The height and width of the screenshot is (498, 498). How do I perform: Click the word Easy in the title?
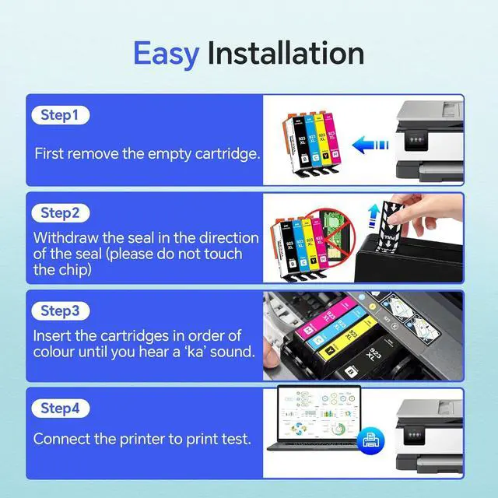pos(165,53)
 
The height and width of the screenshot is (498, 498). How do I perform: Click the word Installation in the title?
pos(286,53)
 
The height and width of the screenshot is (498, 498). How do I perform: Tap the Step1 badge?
pos(61,115)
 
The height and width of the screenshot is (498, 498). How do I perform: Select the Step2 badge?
pos(61,212)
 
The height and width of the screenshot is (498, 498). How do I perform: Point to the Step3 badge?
pos(61,310)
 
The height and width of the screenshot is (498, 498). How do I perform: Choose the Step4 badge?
pos(61,408)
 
